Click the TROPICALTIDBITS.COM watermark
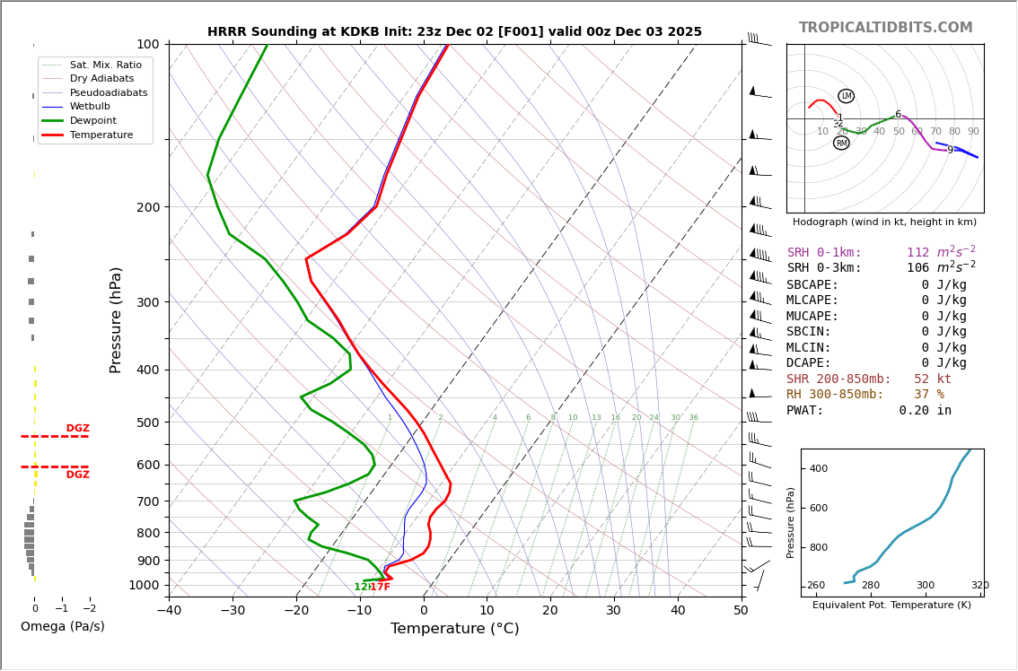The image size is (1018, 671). click(x=885, y=28)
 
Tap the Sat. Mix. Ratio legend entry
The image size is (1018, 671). click(x=105, y=65)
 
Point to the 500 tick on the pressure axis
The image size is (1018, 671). click(x=147, y=423)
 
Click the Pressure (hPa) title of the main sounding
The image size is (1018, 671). click(x=116, y=319)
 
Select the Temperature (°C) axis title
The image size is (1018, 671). click(x=454, y=629)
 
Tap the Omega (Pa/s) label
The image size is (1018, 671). click(x=62, y=626)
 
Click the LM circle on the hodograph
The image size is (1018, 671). click(x=846, y=96)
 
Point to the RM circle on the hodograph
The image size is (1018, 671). click(x=841, y=143)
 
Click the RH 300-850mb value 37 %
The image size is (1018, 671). click(x=928, y=395)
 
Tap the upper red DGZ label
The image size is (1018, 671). click(x=77, y=429)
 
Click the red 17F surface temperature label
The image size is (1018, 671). click(x=381, y=588)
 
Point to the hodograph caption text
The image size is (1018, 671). click(x=884, y=222)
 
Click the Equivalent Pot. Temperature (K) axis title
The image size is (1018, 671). click(x=891, y=606)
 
